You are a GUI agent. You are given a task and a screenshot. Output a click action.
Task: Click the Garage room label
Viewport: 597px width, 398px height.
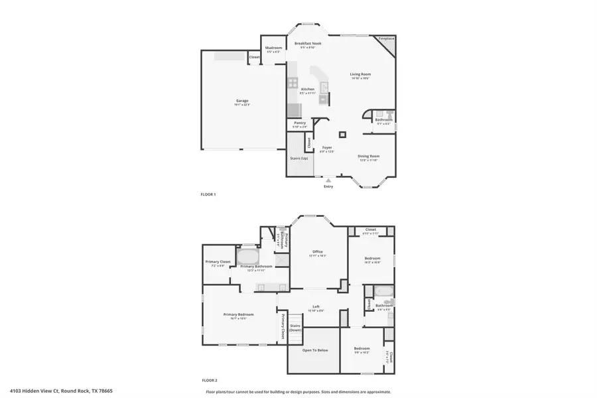(x=241, y=101)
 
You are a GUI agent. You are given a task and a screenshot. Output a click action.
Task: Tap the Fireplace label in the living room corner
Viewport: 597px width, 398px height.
(x=386, y=39)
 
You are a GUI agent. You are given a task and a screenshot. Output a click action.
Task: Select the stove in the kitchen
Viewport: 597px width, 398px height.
(x=293, y=83)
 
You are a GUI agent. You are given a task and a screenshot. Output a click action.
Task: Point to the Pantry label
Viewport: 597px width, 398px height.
(x=300, y=123)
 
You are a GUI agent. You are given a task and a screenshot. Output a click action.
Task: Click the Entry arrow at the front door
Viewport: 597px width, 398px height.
(x=328, y=180)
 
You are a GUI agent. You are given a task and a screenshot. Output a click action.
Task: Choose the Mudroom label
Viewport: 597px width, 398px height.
(x=273, y=48)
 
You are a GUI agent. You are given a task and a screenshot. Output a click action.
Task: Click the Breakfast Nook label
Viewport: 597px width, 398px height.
(x=308, y=43)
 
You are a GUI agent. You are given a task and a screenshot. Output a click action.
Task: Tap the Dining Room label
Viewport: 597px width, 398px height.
(x=369, y=156)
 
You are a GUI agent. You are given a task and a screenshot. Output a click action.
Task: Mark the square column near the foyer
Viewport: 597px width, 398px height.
(x=342, y=135)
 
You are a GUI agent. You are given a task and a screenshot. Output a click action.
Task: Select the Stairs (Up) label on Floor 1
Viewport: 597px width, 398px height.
(x=299, y=159)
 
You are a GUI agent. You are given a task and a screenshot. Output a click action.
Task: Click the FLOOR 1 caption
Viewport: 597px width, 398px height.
(x=208, y=194)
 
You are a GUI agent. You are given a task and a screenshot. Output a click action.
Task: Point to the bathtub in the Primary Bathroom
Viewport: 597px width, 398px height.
(x=248, y=257)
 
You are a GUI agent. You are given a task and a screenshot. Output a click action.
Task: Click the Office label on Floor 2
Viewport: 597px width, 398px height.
(x=318, y=251)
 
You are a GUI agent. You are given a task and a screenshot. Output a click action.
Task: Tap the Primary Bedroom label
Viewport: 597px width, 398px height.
(x=239, y=314)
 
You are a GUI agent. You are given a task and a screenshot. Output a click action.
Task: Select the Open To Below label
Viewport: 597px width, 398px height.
(x=315, y=350)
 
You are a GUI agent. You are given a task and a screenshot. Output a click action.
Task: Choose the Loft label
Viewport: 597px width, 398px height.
(x=317, y=306)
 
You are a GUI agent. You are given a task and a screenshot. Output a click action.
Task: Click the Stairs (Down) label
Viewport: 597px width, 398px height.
(x=296, y=328)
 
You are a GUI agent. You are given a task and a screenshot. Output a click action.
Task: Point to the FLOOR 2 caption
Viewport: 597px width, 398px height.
(x=209, y=381)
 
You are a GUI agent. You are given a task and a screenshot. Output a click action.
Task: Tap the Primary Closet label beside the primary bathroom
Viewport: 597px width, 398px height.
(x=217, y=262)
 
